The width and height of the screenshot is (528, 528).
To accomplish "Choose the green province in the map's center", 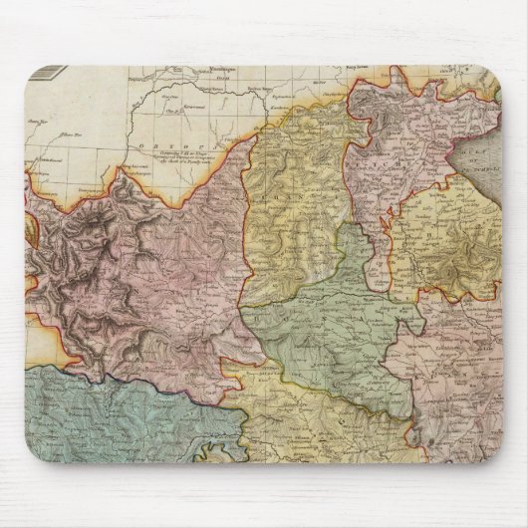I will (x=329, y=319).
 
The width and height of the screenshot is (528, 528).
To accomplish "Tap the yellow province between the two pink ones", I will (x=289, y=199).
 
